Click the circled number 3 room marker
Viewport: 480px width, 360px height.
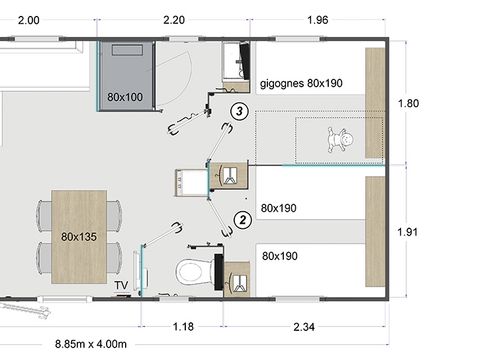pos(239,111)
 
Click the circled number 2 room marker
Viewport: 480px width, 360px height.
pos(243,220)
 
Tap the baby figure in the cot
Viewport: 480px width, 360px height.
pos(340,139)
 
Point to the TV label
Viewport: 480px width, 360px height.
pos(121,285)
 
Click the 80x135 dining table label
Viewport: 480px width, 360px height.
pos(79,237)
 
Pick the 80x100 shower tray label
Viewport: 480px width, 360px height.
pos(125,97)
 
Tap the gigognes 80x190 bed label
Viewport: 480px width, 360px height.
pos(301,83)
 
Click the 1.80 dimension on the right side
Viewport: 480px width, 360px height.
pos(408,103)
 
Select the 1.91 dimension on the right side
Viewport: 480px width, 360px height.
pos(407,232)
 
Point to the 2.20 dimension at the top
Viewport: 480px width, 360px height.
pos(174,20)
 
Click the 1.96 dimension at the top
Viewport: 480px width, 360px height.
pos(318,20)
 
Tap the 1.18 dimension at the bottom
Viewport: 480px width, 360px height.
pos(183,327)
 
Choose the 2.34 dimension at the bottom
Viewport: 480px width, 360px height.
pos(304,327)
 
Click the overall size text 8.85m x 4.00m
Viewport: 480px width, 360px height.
pos(91,344)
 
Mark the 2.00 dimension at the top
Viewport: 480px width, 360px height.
pos(29,20)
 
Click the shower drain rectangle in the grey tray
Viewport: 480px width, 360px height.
pos(127,50)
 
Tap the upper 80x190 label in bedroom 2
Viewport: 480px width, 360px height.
pos(279,208)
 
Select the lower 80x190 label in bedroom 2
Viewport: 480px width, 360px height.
pos(280,256)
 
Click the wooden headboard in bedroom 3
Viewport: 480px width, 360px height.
pos(375,103)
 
